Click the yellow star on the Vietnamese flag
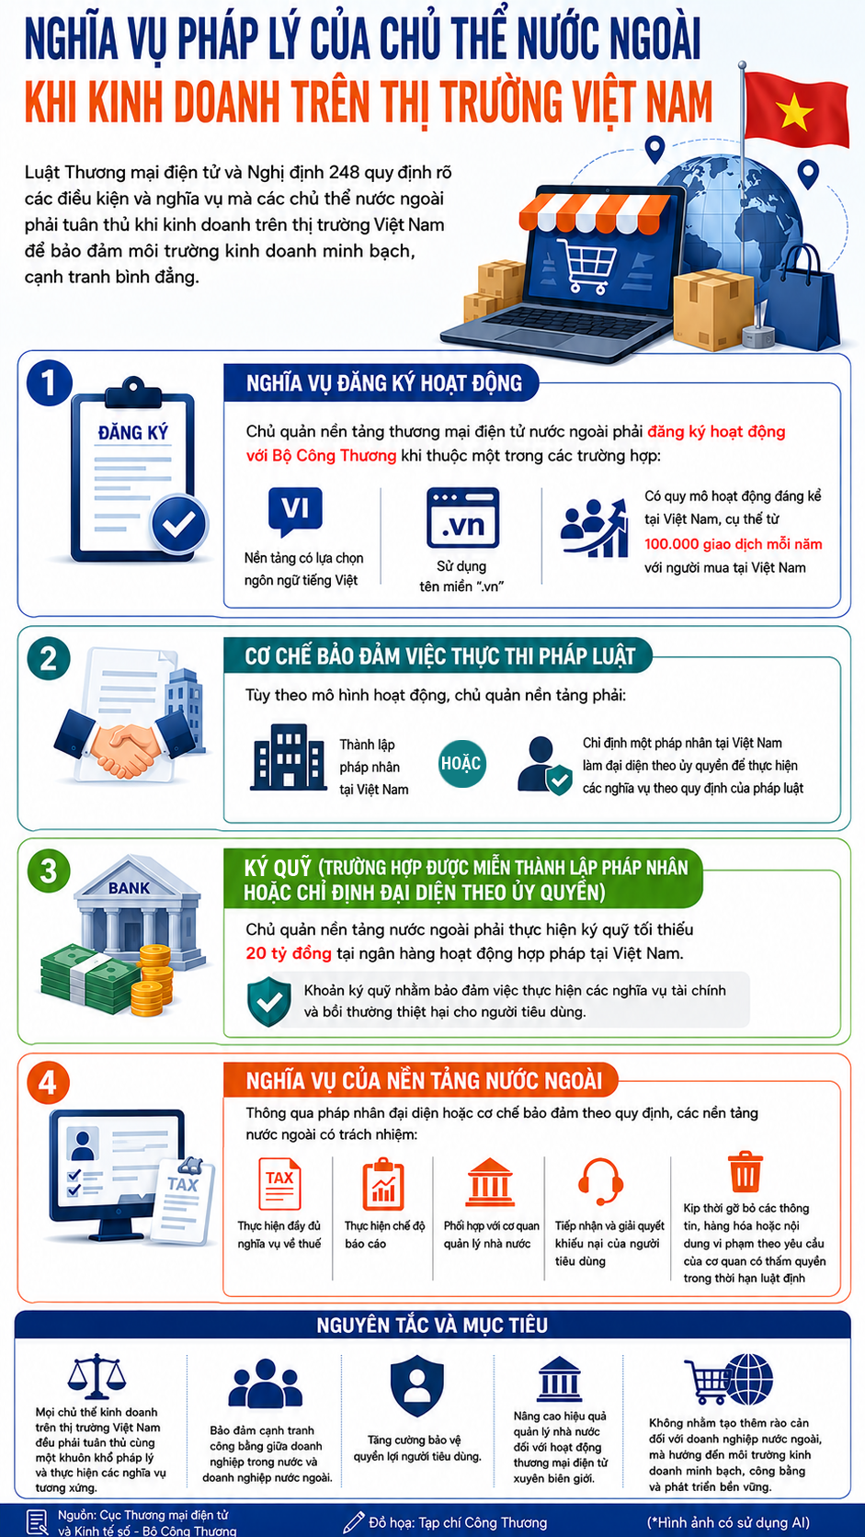tap(794, 111)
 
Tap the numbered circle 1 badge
tap(50, 383)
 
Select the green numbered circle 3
tap(49, 871)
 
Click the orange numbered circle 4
tap(48, 1083)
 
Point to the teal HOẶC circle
tap(461, 764)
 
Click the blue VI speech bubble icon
tap(295, 510)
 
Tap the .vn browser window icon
tap(462, 518)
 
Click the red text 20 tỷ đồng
tap(289, 953)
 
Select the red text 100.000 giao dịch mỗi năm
tap(733, 544)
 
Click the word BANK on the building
tap(129, 888)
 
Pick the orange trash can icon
tap(745, 1171)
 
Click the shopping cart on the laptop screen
tap(586, 265)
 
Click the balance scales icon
tap(96, 1376)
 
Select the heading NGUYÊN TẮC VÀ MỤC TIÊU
tap(432, 1325)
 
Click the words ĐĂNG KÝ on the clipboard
tap(133, 433)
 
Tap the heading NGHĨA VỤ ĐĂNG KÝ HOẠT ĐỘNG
tap(384, 383)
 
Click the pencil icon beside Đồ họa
tap(354, 1521)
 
